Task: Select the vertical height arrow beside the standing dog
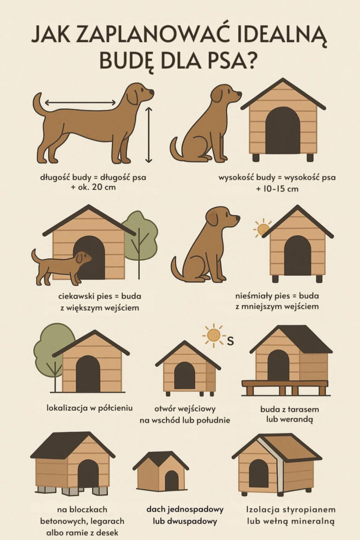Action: pos(148,134)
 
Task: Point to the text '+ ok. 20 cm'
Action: pos(93,187)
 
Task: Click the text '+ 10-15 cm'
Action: pos(277,189)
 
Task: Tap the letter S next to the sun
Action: pos(230,341)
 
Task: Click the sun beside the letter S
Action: pos(213,334)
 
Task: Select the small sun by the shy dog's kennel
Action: pos(262,228)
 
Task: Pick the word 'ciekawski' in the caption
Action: pos(72,296)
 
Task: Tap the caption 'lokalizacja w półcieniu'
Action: pos(90,408)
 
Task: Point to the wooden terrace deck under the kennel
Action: pos(285,387)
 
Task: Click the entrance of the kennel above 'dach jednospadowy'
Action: pos(171,480)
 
